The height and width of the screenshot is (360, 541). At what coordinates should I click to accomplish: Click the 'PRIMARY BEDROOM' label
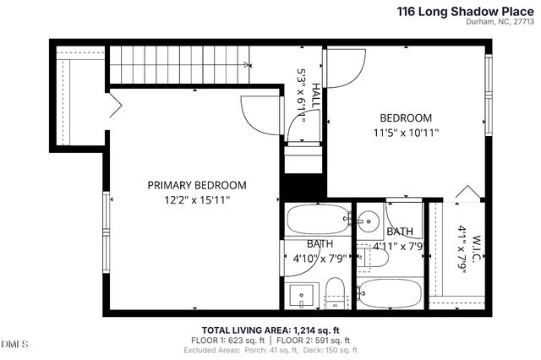pos(197,185)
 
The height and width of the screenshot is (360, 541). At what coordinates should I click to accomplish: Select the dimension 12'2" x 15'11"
pos(197,199)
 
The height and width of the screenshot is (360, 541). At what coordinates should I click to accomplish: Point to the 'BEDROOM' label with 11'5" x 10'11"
pos(405,118)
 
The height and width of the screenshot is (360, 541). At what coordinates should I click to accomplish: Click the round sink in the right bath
pos(368,223)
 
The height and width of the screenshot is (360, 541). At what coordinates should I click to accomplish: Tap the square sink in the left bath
pos(300,295)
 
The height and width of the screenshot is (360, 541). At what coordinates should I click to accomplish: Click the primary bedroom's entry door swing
pos(257,114)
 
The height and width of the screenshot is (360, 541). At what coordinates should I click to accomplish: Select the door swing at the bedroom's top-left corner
pos(345,66)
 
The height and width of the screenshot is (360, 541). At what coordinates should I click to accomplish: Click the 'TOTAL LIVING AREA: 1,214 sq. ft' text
pos(270,330)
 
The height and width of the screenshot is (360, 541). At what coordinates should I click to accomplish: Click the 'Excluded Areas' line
pos(270,350)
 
